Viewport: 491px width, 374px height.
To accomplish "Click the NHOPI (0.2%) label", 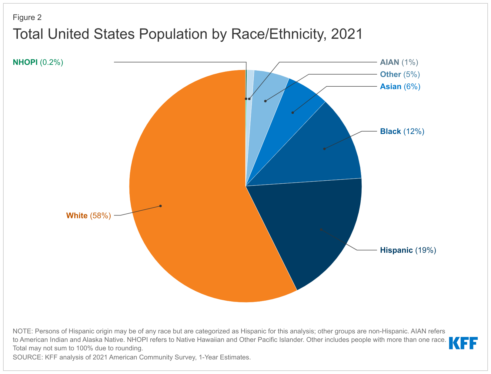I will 38,62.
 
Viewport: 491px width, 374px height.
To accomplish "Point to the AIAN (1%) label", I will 399,62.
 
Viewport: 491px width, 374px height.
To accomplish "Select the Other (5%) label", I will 400,75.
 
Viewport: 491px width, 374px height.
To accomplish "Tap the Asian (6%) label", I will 400,87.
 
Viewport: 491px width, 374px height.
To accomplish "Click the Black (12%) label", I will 402,132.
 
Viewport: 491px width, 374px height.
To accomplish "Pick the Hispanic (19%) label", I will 408,250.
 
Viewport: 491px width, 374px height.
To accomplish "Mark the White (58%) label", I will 89,216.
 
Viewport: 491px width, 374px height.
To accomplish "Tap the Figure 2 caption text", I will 27,18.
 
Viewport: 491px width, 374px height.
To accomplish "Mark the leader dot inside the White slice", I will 161,206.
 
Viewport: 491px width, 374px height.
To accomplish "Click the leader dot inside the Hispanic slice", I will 321,229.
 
